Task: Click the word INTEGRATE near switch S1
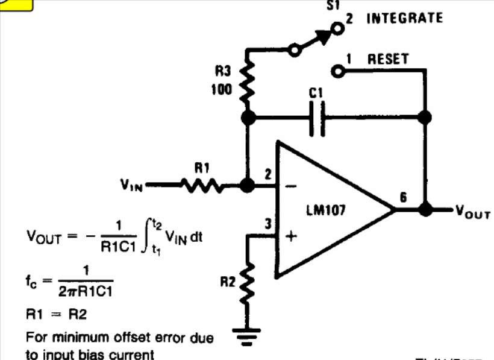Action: tap(404, 17)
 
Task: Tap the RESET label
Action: tap(388, 59)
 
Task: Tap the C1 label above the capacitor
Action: tap(317, 93)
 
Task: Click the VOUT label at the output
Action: tap(474, 212)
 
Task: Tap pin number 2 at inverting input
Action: tap(267, 174)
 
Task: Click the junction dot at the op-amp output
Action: tap(427, 210)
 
